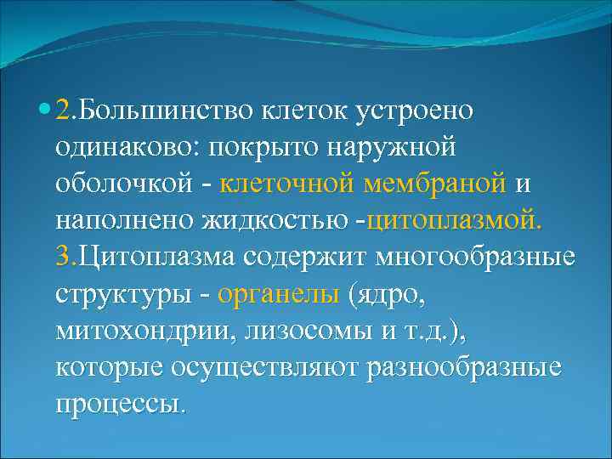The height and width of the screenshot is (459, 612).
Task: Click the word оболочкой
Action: click(118, 184)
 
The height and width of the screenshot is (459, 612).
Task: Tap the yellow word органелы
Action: click(280, 294)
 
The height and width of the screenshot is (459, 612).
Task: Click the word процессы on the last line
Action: click(118, 404)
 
